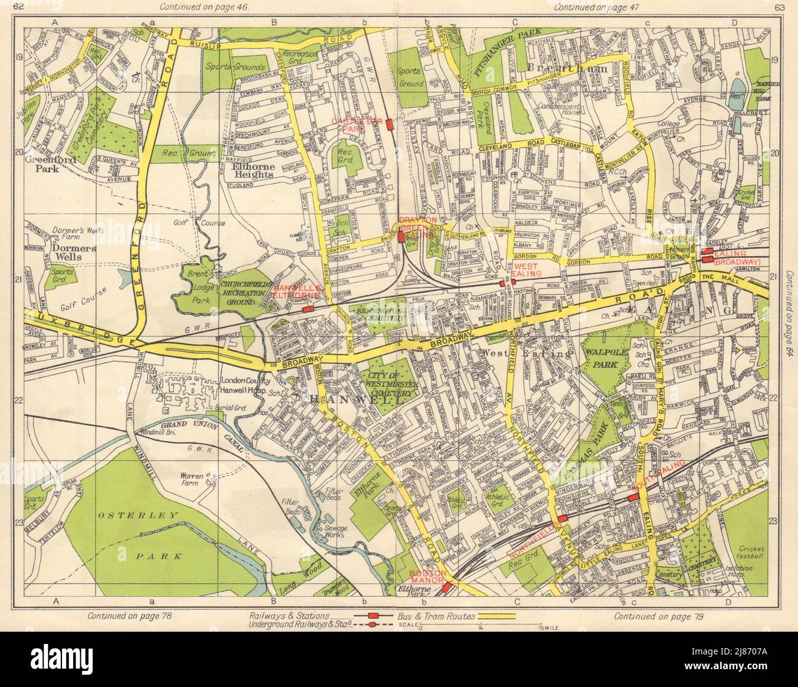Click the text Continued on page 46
pos(199,7)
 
